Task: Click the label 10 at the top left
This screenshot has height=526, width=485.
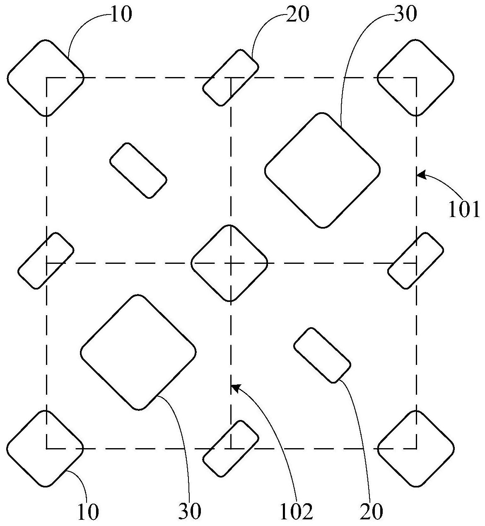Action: pyautogui.click(x=121, y=14)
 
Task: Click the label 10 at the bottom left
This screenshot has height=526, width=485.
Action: pyautogui.click(x=88, y=512)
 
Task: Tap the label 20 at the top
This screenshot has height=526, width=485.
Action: pyautogui.click(x=297, y=14)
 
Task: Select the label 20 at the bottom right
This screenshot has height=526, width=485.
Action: pyautogui.click(x=372, y=512)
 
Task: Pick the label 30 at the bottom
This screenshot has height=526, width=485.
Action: pyautogui.click(x=190, y=512)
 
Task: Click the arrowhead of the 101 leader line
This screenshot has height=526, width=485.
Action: pyautogui.click(x=419, y=176)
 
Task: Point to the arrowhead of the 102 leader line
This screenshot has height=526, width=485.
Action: pyautogui.click(x=234, y=387)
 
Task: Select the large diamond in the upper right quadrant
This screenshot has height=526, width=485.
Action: pyautogui.click(x=322, y=170)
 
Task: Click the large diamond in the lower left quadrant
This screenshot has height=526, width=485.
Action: pyautogui.click(x=138, y=352)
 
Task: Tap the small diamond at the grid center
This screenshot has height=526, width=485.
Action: pyautogui.click(x=229, y=263)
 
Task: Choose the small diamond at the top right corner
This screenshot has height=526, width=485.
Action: pyautogui.click(x=415, y=77)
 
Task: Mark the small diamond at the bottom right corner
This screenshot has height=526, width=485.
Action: pyautogui.click(x=415, y=448)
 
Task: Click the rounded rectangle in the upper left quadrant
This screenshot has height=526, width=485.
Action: pyautogui.click(x=138, y=170)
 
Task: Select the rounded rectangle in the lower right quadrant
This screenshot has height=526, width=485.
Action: pyautogui.click(x=322, y=355)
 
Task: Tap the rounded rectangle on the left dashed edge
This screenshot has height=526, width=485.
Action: pyautogui.click(x=46, y=261)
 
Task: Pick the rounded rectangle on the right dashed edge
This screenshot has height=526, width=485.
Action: pyautogui.click(x=415, y=261)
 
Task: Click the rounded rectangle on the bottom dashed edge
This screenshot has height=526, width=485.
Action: pyautogui.click(x=231, y=449)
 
